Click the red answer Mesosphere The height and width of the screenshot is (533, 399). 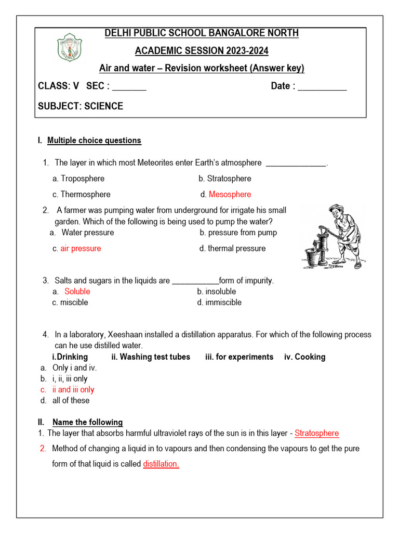(x=230, y=194)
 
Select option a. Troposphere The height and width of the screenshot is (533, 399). (x=78, y=179)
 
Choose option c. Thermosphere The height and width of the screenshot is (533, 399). (x=82, y=194)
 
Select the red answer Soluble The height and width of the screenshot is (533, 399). (x=77, y=291)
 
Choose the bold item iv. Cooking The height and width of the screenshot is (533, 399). (x=305, y=357)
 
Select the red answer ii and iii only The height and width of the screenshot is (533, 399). (x=73, y=389)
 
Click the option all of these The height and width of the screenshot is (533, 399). (x=71, y=400)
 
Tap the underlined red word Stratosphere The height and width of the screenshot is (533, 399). (x=316, y=433)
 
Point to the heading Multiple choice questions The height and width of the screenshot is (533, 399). (x=94, y=141)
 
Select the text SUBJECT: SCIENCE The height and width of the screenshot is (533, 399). (x=81, y=106)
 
